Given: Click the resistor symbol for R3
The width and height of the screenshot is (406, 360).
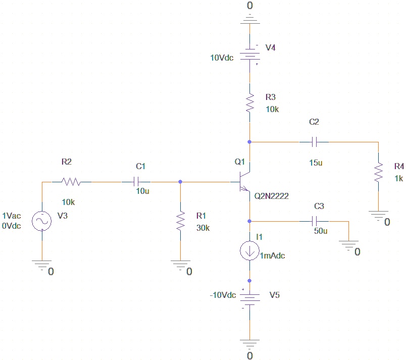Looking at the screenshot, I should [249, 103].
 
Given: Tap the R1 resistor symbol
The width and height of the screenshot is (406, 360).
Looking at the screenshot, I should [180, 221].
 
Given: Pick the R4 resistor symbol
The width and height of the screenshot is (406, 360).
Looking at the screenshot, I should [378, 173].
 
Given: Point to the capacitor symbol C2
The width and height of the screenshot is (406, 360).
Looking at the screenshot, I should [314, 142].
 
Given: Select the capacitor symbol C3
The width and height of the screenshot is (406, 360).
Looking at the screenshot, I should [314, 221].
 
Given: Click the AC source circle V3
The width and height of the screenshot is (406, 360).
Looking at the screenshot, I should [42, 221].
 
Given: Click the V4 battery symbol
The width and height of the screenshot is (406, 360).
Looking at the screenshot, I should [249, 53].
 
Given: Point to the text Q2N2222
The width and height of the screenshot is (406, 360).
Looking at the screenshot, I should [272, 196].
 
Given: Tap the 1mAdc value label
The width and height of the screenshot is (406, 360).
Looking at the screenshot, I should [273, 255].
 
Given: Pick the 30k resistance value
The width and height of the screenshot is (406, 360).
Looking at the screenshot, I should [202, 227].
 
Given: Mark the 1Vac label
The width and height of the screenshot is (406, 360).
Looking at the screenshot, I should [12, 216].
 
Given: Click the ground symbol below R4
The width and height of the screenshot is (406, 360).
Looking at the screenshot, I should [378, 216].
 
